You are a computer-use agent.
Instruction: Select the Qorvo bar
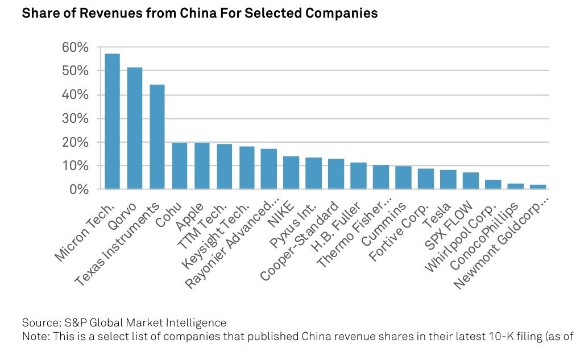coord(135,128)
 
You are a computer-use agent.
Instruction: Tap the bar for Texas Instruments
coord(157,136)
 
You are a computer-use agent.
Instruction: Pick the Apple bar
coord(202,165)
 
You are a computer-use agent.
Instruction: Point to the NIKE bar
coord(291,172)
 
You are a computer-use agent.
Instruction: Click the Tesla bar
coord(447,179)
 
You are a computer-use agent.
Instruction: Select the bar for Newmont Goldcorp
coord(537,187)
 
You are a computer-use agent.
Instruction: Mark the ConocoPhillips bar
coord(515,186)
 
